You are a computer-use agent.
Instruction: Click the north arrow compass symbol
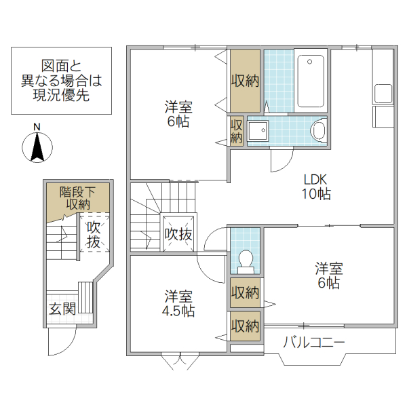pyautogui.click(x=39, y=147)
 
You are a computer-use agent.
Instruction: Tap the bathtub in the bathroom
pyautogui.click(x=311, y=81)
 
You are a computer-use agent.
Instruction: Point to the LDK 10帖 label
pyautogui.click(x=316, y=187)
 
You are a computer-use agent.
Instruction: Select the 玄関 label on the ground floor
pyautogui.click(x=62, y=309)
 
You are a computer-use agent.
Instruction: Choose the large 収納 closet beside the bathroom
pyautogui.click(x=245, y=81)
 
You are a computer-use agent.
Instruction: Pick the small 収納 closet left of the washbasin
pyautogui.click(x=236, y=130)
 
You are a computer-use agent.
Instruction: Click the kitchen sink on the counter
pyautogui.click(x=383, y=94)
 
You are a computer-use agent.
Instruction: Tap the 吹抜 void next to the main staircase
pyautogui.click(x=180, y=234)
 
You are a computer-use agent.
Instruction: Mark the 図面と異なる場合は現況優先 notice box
pyautogui.click(x=61, y=81)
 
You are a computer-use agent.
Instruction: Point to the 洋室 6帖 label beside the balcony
pyautogui.click(x=328, y=275)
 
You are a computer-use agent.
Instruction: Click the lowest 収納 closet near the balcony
pyautogui.click(x=245, y=326)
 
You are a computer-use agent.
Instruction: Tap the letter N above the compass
pyautogui.click(x=38, y=128)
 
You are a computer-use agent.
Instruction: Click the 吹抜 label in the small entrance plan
pyautogui.click(x=94, y=234)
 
